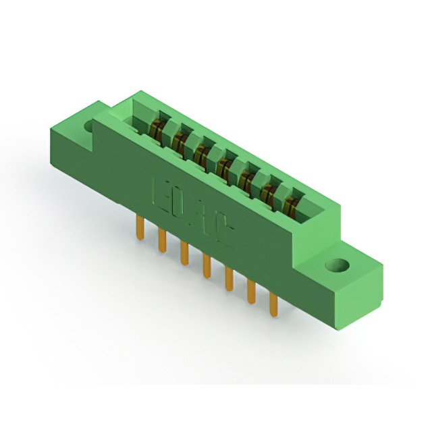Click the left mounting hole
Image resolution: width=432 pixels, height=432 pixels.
90,126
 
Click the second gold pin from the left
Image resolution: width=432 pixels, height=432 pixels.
162,240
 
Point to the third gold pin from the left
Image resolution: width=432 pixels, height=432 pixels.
184,252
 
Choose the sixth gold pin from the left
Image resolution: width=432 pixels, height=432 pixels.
250,291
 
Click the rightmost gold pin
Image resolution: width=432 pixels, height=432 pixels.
273,303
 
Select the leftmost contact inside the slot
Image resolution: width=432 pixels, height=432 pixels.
157,128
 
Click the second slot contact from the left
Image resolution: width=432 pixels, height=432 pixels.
180,140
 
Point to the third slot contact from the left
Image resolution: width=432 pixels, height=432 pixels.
201,152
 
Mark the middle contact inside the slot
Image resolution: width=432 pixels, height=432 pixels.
223,164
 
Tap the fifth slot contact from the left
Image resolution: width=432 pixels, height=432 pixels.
246,177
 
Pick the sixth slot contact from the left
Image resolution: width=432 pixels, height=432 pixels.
267,189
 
